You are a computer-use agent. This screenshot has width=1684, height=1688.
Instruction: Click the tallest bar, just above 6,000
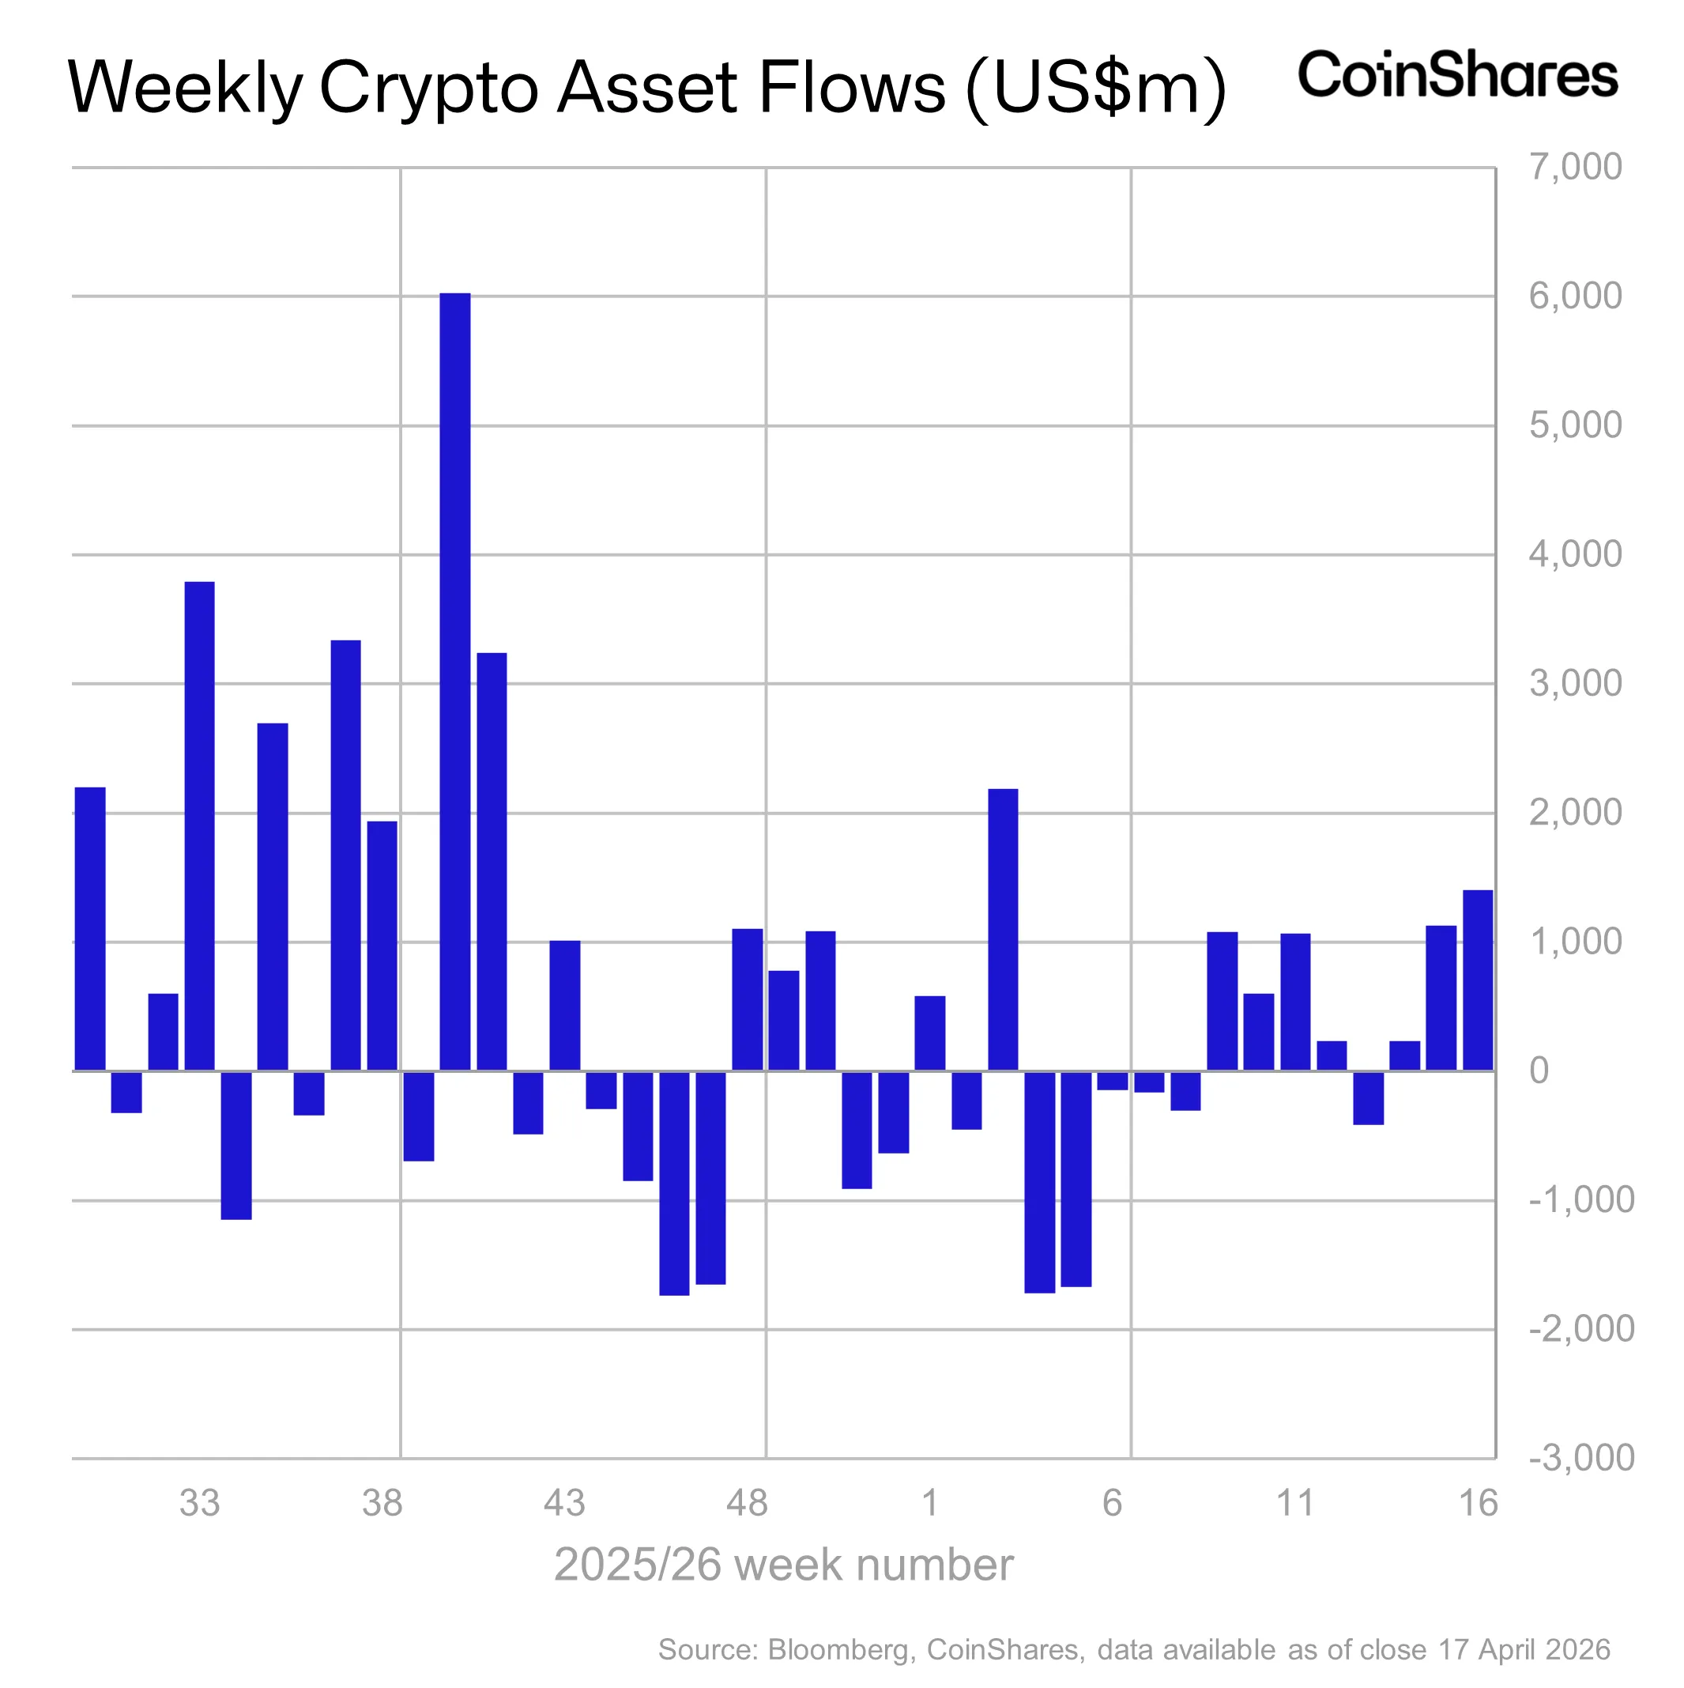[x=454, y=682]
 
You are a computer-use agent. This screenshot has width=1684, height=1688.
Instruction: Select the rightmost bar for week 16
[x=1477, y=980]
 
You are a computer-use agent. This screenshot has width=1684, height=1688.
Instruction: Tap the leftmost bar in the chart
[x=90, y=928]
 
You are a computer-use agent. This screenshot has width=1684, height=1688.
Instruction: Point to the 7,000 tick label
[x=1574, y=166]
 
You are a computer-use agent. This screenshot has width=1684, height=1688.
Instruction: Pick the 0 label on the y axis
[x=1539, y=1071]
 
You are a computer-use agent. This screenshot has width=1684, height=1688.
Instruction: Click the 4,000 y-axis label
[x=1574, y=554]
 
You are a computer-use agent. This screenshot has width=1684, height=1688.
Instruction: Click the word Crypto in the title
[x=428, y=88]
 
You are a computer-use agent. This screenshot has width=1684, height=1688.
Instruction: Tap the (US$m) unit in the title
[x=1096, y=88]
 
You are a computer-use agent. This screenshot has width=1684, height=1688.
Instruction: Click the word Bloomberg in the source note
[x=837, y=1649]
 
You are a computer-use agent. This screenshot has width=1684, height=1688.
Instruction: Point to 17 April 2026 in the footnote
[x=1524, y=1649]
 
